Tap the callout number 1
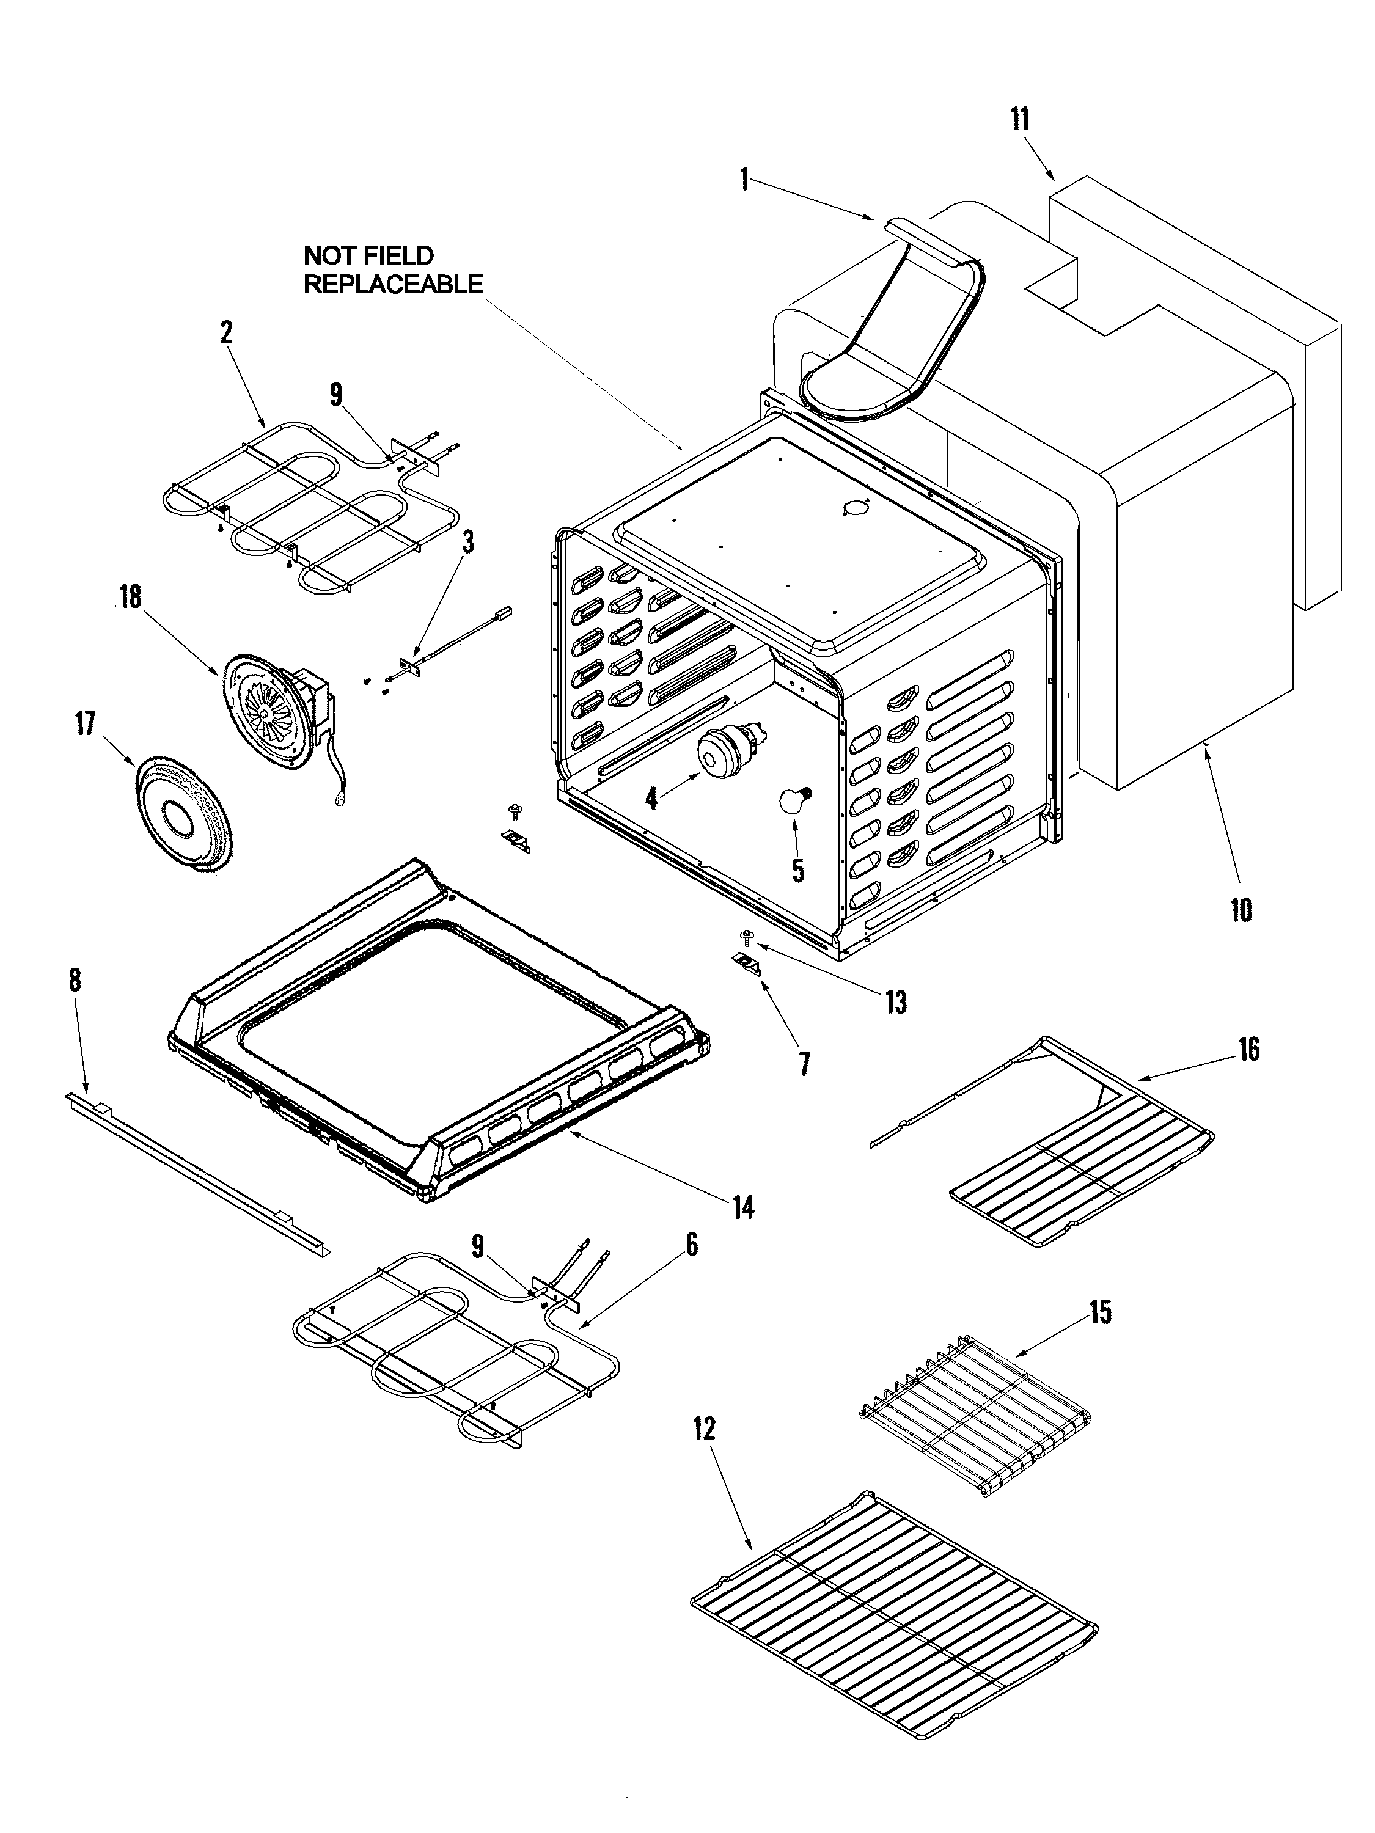[x=745, y=180]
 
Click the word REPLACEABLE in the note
[x=393, y=284]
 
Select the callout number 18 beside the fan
[x=131, y=596]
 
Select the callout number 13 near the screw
[x=895, y=1002]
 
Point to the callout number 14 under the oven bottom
[x=744, y=1207]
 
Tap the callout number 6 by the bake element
[x=691, y=1244]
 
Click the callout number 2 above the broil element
[x=226, y=333]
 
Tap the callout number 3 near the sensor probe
[x=468, y=542]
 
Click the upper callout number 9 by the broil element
[x=335, y=395]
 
